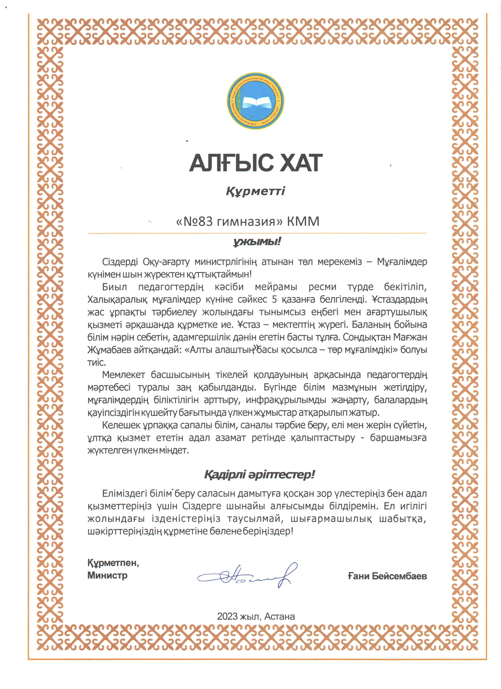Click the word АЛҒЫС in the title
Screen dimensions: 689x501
(231, 163)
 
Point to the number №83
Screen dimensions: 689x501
(195, 222)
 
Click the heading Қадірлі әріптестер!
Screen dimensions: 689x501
(259, 475)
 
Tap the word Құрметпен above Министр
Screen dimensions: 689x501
(113, 563)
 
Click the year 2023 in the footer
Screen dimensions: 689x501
(227, 616)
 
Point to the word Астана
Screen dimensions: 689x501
(280, 616)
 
